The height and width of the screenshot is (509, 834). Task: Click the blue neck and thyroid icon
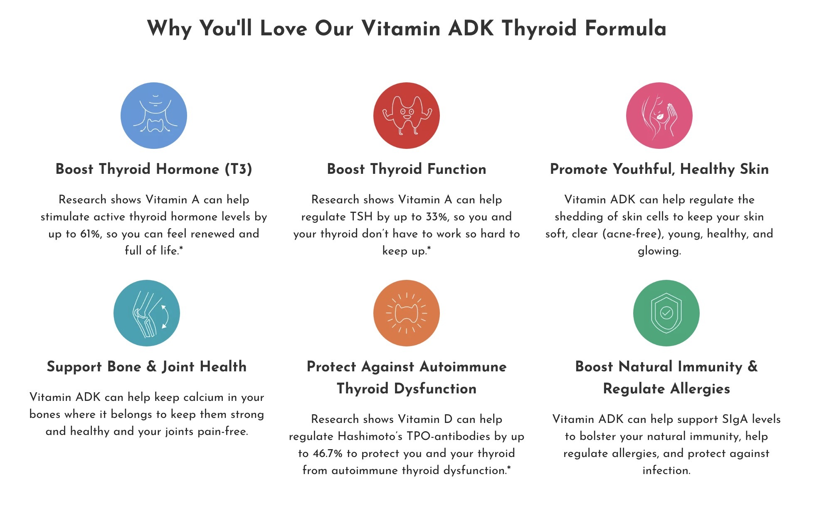(154, 116)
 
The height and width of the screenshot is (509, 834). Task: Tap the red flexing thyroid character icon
(407, 116)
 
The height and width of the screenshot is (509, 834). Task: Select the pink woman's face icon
(659, 116)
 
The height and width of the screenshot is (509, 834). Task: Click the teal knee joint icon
(147, 313)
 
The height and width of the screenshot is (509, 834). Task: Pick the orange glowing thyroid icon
(407, 313)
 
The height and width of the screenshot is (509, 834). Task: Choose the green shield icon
(666, 313)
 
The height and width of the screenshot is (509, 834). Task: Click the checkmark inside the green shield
(666, 312)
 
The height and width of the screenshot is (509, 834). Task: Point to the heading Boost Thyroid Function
(407, 169)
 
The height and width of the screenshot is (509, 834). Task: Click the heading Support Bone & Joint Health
(147, 366)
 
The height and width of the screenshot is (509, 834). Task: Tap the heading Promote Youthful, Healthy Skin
(659, 169)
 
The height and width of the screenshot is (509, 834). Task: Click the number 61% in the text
(90, 234)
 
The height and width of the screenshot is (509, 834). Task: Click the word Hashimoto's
(370, 436)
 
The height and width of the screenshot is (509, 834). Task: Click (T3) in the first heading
(238, 169)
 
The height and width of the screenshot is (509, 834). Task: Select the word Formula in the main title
(626, 28)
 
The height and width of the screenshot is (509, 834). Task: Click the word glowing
(659, 251)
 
